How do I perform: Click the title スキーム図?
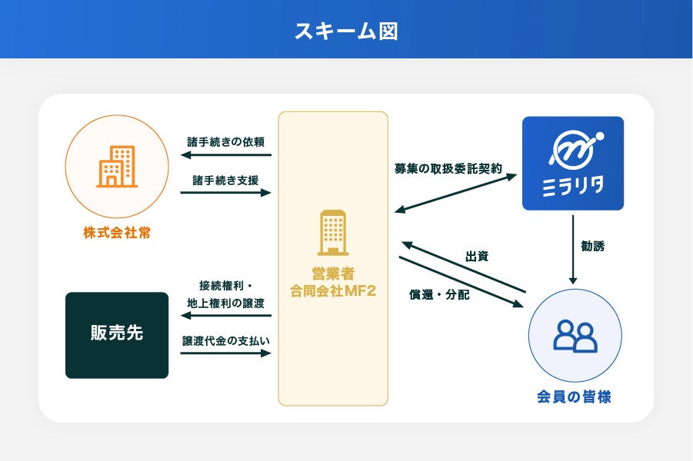346,30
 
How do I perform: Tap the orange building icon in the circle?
116,167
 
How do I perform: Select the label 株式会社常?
117,232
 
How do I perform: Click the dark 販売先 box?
117,335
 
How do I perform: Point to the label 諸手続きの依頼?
226,142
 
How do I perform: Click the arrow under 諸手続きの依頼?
226,155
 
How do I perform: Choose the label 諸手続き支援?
226,180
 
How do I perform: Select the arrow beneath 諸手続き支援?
226,192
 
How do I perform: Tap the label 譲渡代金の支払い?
226,340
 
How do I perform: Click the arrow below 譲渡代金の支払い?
226,353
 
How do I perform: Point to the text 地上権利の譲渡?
226,303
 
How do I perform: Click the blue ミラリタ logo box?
572,163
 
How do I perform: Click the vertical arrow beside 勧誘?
572,249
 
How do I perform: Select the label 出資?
477,256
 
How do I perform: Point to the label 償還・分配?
439,294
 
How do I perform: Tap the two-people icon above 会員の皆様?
575,336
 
